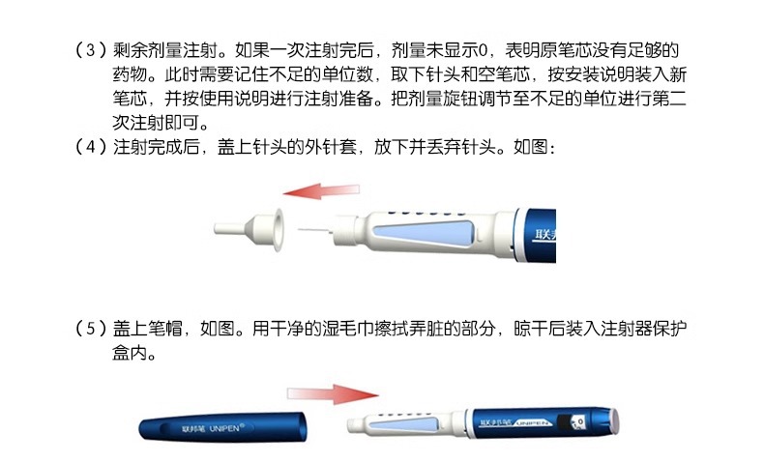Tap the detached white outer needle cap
point(250,229)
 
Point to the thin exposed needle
point(314,228)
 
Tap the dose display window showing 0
point(578,422)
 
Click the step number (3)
point(87,47)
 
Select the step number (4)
point(87,148)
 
